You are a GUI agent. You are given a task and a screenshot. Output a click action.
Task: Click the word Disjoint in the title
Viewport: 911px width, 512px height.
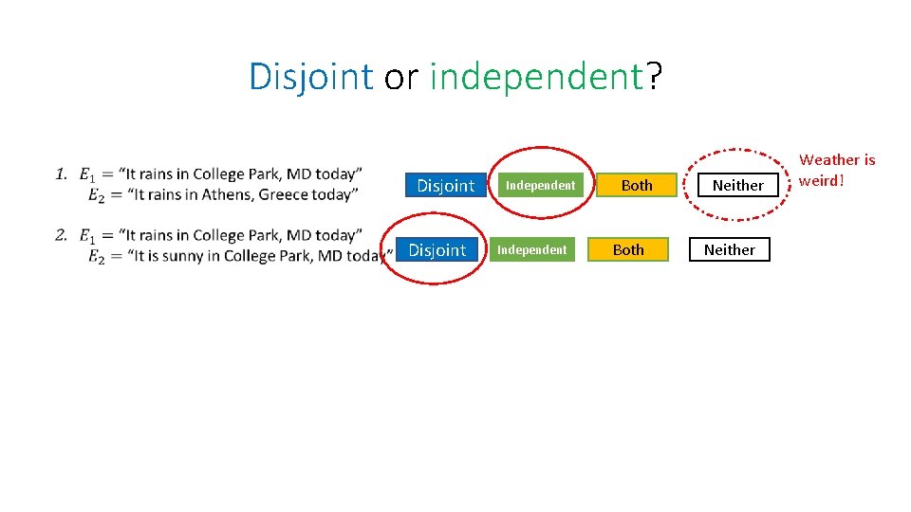click(310, 77)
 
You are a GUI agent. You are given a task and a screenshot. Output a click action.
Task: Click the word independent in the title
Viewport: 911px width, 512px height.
click(536, 77)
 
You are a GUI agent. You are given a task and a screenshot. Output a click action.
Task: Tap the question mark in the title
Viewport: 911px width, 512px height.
click(654, 77)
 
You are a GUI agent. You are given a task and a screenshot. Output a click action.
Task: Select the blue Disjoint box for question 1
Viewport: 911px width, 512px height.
click(445, 186)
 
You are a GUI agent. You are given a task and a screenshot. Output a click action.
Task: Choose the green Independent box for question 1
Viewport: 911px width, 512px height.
click(540, 186)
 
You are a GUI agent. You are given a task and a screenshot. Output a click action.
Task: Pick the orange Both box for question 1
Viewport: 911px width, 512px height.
click(637, 186)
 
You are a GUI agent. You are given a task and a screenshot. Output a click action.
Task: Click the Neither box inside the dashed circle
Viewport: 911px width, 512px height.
click(737, 186)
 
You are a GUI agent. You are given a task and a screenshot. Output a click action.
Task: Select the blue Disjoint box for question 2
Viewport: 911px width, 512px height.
click(437, 250)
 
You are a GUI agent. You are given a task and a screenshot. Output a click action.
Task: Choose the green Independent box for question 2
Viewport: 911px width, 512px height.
click(532, 250)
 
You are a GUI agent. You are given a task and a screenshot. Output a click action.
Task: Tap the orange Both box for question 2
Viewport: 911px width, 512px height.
click(628, 250)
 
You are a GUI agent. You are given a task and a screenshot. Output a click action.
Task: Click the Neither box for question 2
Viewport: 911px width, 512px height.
click(729, 250)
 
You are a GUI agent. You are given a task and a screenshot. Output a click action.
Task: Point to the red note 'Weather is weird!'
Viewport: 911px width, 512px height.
click(837, 170)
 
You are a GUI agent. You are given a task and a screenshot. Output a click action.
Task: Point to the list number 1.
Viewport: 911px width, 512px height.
click(60, 174)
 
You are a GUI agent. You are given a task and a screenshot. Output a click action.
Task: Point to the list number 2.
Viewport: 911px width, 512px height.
click(60, 234)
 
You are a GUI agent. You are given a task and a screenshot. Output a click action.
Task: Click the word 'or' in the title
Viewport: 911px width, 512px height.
click(400, 77)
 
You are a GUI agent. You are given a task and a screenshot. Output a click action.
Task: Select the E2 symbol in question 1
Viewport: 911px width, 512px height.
click(95, 196)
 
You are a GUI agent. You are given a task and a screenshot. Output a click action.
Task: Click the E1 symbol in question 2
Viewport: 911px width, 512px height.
click(86, 235)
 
